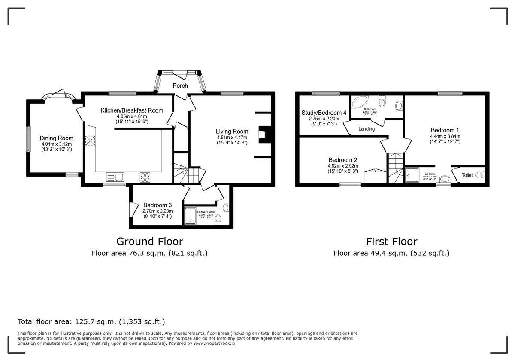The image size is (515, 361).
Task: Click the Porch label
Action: (180, 86)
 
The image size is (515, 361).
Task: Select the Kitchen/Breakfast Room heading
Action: (132, 110)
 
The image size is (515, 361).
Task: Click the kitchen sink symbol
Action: (115, 177)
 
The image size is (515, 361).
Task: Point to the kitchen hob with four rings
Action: (145, 177)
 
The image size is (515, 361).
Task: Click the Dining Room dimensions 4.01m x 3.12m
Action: (57, 144)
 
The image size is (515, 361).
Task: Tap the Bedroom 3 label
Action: (158, 205)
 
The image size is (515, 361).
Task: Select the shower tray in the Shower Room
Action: (190, 216)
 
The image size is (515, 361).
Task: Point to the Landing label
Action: (367, 129)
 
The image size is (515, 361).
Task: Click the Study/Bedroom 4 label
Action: (324, 113)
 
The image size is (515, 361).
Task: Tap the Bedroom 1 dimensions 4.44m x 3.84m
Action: (445, 136)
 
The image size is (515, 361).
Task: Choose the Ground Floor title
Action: (150, 241)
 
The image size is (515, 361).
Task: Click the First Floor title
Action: (391, 241)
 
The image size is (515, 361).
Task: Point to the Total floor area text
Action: (91, 321)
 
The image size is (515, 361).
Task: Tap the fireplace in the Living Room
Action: (263, 135)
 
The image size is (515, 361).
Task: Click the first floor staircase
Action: (396, 168)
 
